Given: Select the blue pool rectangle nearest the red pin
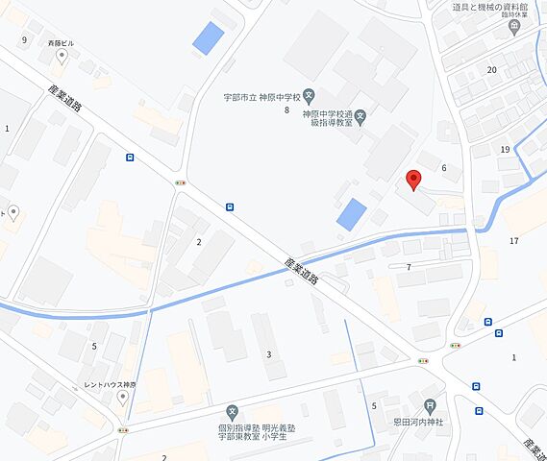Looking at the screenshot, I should click(352, 214).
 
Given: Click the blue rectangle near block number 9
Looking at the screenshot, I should click(208, 37).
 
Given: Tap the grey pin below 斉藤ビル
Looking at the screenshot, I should click(62, 57).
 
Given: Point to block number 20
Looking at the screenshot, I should click(491, 70).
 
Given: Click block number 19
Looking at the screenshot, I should click(505, 149).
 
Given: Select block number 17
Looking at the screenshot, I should click(514, 240).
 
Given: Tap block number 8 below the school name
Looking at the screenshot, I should click(286, 110).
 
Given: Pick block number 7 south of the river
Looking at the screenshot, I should click(409, 266).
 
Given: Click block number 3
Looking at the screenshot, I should click(269, 354).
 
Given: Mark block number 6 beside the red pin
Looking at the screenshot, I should click(444, 168).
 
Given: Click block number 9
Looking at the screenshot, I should click(24, 40).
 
